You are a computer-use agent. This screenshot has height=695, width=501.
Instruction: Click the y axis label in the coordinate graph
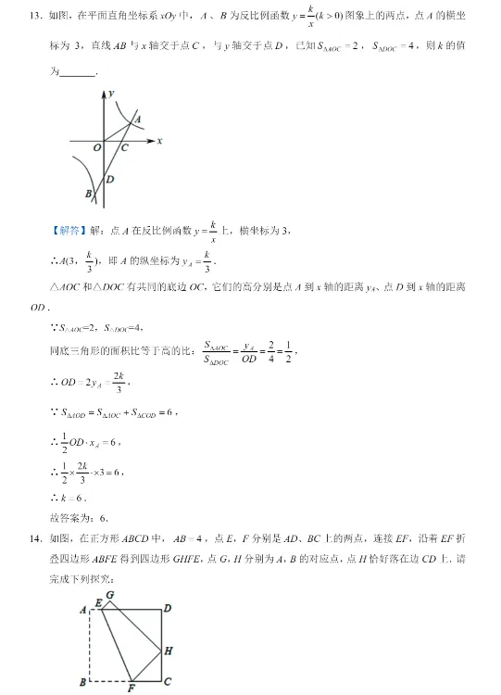coord(110,95)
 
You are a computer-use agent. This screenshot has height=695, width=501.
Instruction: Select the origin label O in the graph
coord(95,147)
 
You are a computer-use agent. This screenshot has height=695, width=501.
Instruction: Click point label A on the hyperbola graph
coord(137,119)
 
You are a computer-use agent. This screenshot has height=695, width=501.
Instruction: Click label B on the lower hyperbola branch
coord(89,194)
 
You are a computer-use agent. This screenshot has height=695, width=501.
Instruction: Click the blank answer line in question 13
coord(77,73)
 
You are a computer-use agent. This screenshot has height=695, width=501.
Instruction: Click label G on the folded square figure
coord(110,594)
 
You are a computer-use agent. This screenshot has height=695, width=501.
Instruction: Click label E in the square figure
coord(98,603)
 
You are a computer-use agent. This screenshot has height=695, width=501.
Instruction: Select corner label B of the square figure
coord(82,682)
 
